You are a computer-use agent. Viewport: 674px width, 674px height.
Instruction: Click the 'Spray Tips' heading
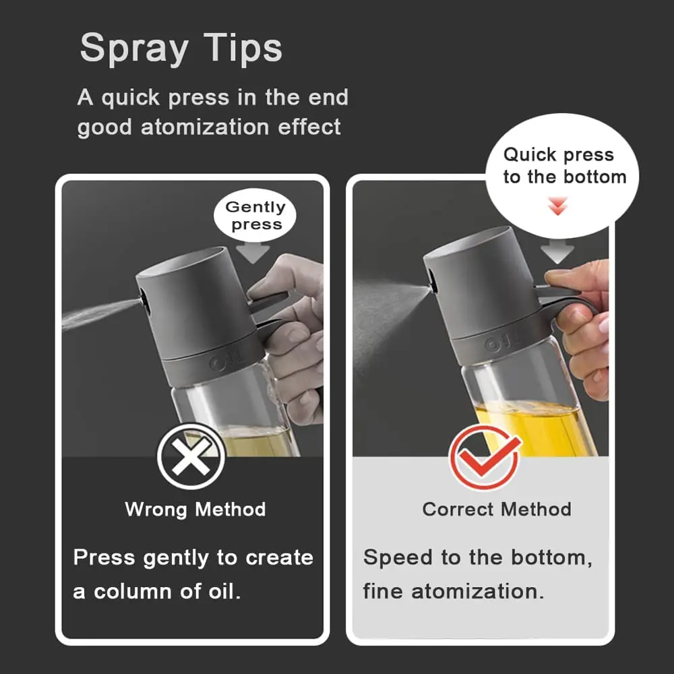(181, 49)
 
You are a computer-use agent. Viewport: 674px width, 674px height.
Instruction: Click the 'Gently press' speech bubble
(255, 216)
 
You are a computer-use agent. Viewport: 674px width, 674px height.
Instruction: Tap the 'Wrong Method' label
(195, 509)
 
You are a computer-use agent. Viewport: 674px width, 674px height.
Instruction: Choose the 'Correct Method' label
(497, 509)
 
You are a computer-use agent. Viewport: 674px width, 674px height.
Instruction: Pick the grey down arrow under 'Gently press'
(255, 252)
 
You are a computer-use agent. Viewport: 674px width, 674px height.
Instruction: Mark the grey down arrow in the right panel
(557, 252)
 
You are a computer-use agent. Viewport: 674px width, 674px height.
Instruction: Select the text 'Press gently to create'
(193, 558)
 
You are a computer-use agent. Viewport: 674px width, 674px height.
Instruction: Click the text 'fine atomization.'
(454, 592)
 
